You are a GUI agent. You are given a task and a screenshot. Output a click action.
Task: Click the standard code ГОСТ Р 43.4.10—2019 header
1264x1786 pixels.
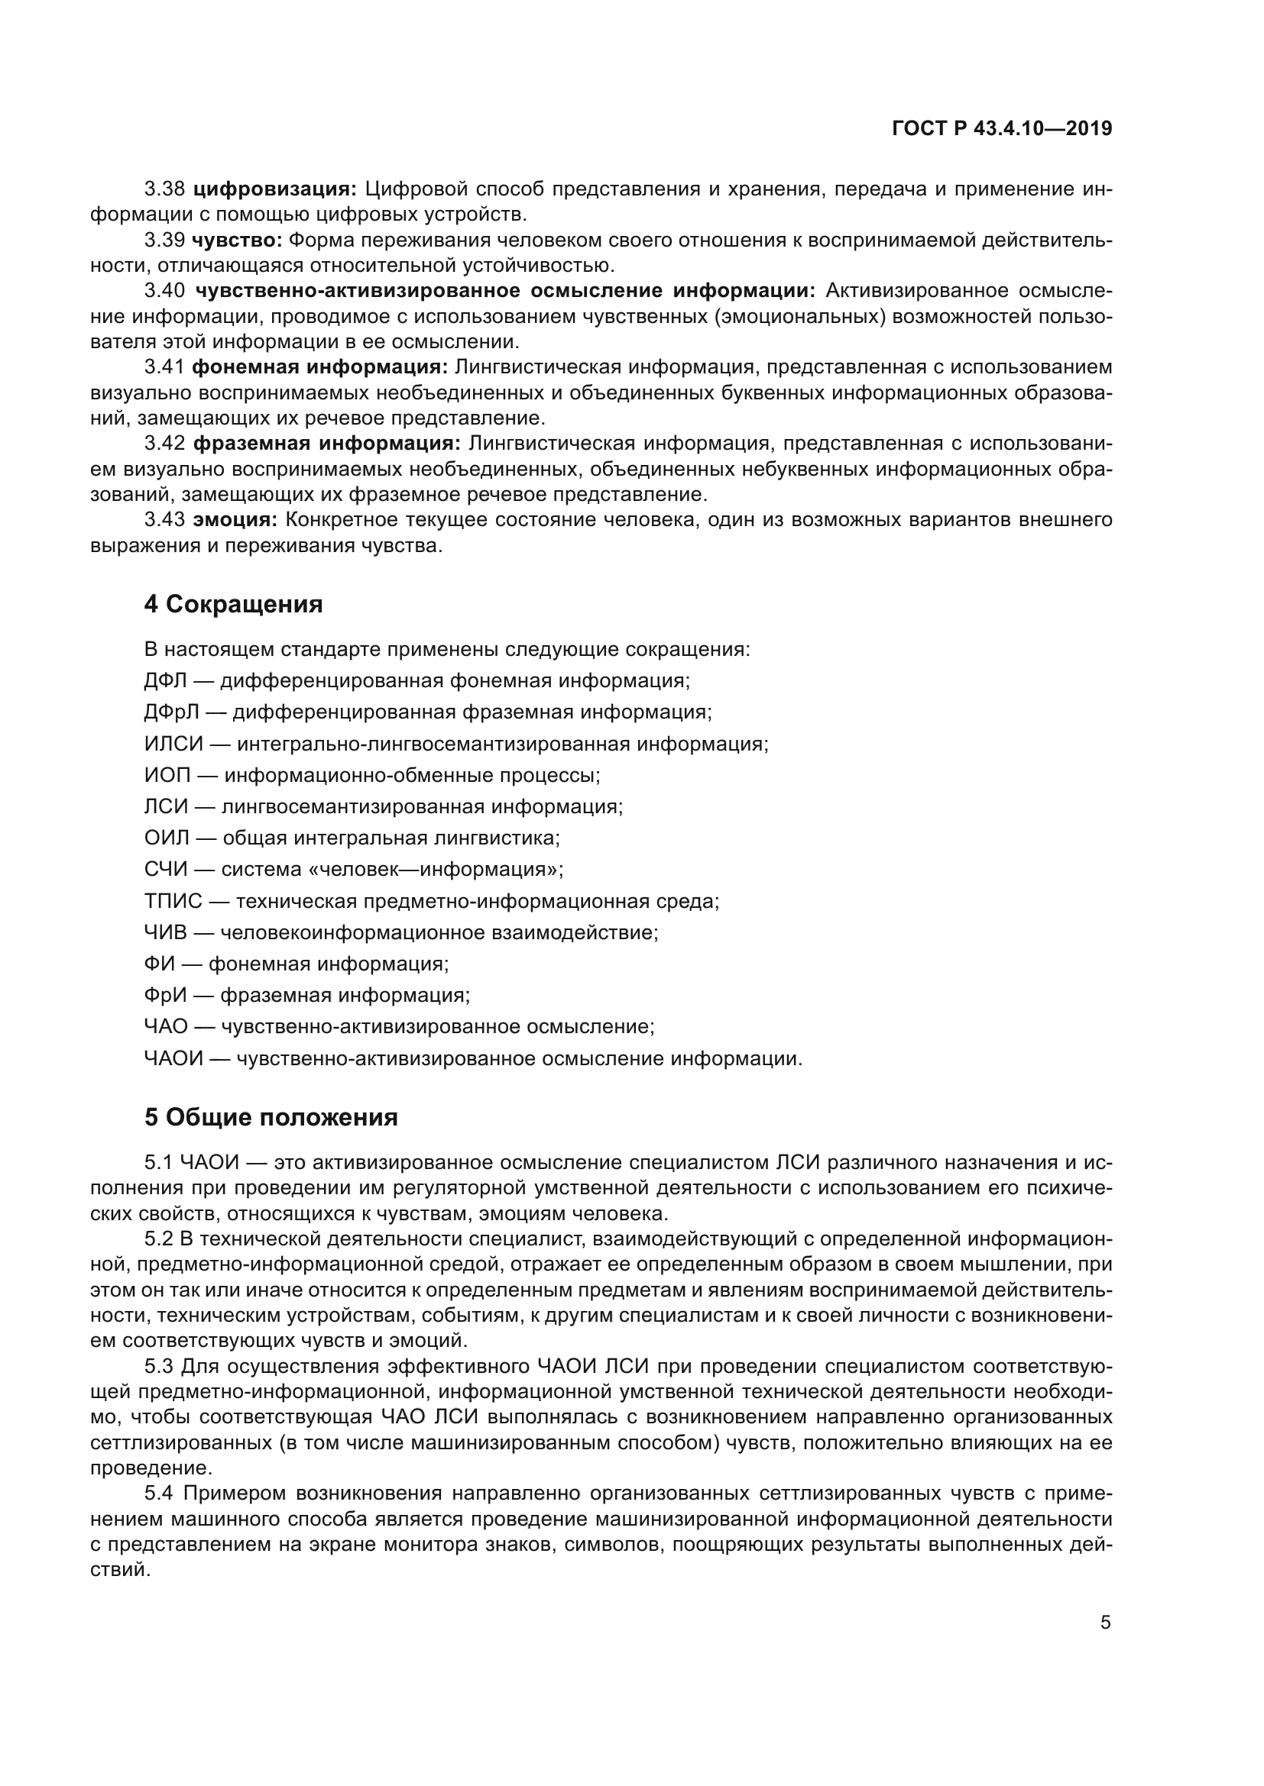(1002, 129)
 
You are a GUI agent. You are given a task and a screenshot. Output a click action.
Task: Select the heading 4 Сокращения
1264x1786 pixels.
(233, 605)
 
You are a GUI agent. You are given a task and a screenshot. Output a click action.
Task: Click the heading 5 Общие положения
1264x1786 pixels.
(271, 1118)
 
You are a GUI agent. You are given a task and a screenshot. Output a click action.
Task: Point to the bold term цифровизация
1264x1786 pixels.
(274, 189)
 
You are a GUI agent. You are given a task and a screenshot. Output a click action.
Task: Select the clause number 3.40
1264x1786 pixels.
(164, 291)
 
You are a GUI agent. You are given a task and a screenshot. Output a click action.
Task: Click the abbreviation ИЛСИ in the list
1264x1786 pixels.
(173, 744)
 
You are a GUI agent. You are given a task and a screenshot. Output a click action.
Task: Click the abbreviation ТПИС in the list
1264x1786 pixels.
(173, 902)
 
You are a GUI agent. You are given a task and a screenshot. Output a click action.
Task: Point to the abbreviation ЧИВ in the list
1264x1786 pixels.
(165, 932)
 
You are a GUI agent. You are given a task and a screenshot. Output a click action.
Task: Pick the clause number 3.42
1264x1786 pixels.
(164, 444)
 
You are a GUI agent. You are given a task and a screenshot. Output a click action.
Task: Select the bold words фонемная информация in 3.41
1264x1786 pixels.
(319, 367)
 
